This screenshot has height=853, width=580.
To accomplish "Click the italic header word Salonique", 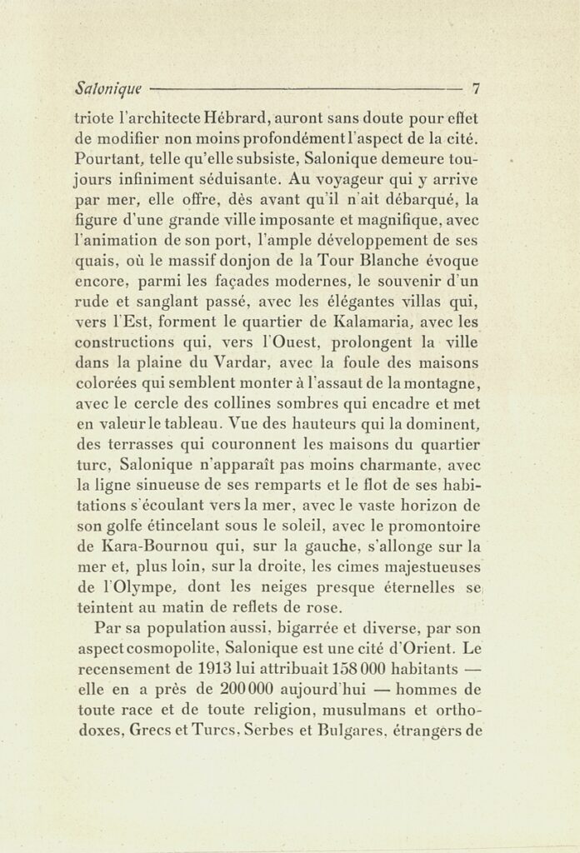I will point(107,87).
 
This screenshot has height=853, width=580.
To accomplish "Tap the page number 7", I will point(476,87).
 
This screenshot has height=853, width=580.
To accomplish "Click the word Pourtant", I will point(105,157).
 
